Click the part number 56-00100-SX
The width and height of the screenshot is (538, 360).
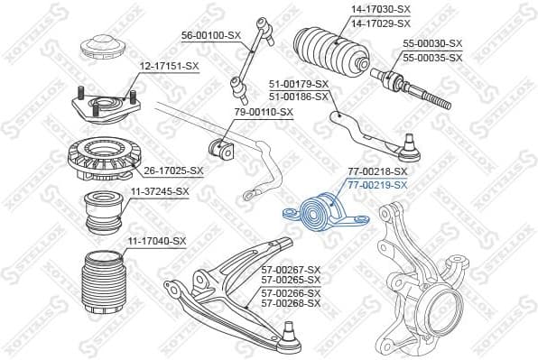[x=211, y=34]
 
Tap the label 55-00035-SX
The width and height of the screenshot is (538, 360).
[x=432, y=57]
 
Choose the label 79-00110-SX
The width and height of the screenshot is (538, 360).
[x=264, y=112]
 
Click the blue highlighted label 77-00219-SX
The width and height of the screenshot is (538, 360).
[x=378, y=184]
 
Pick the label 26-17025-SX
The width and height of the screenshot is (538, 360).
[x=174, y=170]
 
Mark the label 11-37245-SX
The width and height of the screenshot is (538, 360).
[x=158, y=191]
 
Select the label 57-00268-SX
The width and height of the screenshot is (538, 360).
[x=291, y=302]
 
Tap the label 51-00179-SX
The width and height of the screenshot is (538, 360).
[x=298, y=84]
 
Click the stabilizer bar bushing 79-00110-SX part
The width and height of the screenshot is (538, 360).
[x=220, y=146]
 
